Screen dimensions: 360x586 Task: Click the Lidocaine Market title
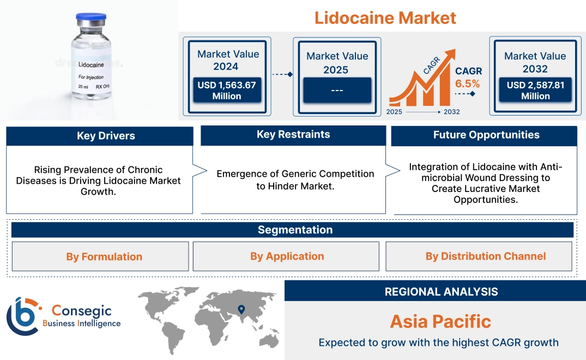(x=385, y=17)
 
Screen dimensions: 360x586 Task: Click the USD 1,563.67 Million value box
(x=226, y=91)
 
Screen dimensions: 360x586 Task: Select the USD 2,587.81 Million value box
(x=535, y=90)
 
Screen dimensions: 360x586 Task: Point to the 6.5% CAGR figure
(x=468, y=83)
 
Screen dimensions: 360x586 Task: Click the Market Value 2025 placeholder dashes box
(x=337, y=90)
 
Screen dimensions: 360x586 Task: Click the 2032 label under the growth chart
(x=451, y=112)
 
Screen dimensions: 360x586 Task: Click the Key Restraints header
(x=293, y=135)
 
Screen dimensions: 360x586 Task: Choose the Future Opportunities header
(x=486, y=135)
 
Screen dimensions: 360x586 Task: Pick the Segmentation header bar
(x=295, y=230)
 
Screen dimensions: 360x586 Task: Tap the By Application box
(x=287, y=256)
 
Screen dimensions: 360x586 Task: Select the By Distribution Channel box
(x=485, y=256)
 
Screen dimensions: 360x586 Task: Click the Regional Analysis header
(x=441, y=292)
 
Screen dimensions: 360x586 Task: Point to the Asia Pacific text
(x=440, y=321)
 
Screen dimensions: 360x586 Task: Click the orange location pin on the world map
(x=240, y=310)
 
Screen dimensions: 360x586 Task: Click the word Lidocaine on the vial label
(x=91, y=65)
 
